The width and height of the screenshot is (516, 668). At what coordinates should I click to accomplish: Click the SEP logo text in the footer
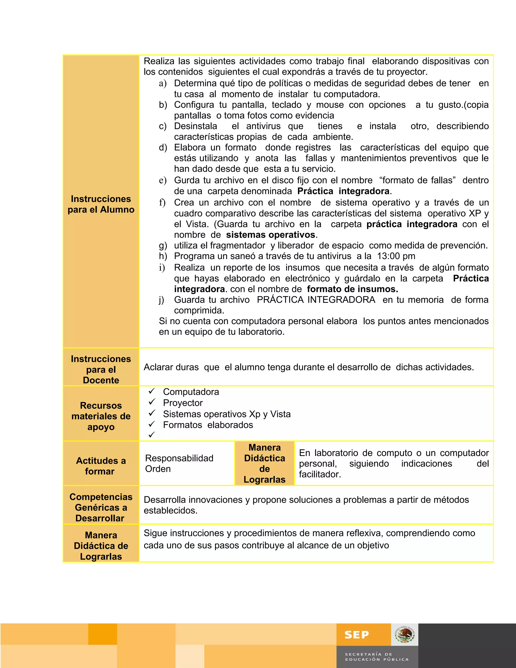[357, 635]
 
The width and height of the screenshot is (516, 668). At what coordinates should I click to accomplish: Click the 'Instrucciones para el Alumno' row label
[101, 204]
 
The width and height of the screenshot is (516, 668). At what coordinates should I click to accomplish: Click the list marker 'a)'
[163, 83]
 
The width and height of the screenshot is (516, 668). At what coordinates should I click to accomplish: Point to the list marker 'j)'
[162, 300]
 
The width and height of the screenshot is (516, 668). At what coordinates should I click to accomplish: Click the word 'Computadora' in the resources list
[191, 392]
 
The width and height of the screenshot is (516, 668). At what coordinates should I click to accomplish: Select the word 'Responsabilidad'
[179, 458]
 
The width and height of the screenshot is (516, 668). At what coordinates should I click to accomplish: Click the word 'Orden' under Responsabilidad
[158, 469]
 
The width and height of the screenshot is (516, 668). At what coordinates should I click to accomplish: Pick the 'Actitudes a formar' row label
[101, 466]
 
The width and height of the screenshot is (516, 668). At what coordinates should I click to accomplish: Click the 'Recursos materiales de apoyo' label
[101, 416]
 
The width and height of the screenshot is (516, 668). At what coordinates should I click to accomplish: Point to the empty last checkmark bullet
[152, 435]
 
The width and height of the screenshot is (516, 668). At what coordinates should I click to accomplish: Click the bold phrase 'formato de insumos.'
[352, 289]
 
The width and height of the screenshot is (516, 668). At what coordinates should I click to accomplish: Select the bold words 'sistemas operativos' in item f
[271, 235]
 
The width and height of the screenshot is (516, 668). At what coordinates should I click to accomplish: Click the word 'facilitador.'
[320, 474]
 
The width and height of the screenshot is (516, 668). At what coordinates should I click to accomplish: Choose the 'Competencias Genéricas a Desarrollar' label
[101, 507]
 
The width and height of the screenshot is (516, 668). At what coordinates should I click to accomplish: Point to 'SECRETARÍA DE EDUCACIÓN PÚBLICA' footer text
[377, 657]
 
